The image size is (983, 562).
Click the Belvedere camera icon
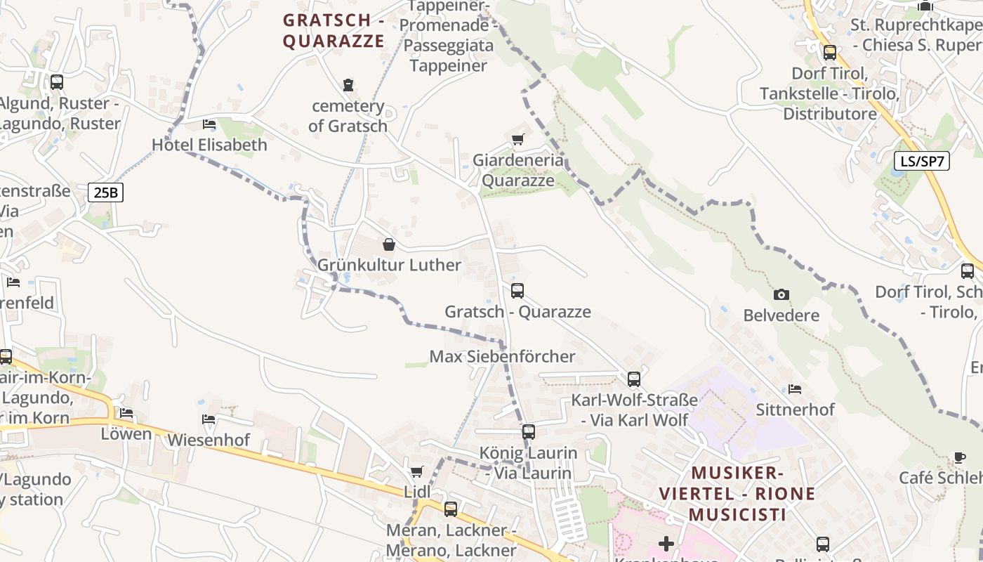tap(781, 294)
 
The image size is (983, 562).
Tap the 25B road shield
tap(105, 192)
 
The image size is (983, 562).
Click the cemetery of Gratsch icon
tap(348, 85)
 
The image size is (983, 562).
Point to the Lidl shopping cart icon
tap(417, 471)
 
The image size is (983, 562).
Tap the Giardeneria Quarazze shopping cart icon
tap(517, 139)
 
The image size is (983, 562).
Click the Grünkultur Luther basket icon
tap(389, 244)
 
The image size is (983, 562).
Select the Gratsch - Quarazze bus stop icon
tap(517, 290)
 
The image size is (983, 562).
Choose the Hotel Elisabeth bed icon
tap(209, 124)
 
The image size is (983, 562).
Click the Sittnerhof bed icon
tap(795, 388)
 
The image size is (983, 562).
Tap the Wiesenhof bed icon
tap(209, 419)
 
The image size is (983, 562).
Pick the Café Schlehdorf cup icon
tap(960, 457)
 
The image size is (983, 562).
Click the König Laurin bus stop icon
tap(529, 431)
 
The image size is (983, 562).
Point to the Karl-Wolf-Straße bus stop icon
tap(634, 379)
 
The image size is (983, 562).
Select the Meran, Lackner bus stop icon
tap(451, 509)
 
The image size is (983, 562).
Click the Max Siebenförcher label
tap(502, 356)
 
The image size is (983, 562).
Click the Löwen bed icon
tap(126, 413)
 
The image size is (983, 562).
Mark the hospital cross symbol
tap(666, 543)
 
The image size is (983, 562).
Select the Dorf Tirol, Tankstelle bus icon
tap(830, 52)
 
